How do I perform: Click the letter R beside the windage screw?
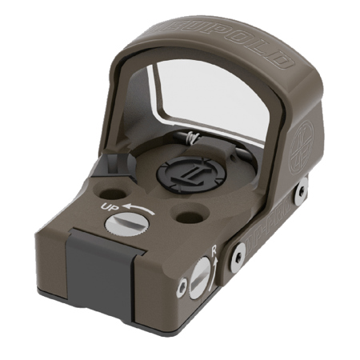pos(214,250)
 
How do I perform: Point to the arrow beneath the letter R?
pos(214,264)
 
